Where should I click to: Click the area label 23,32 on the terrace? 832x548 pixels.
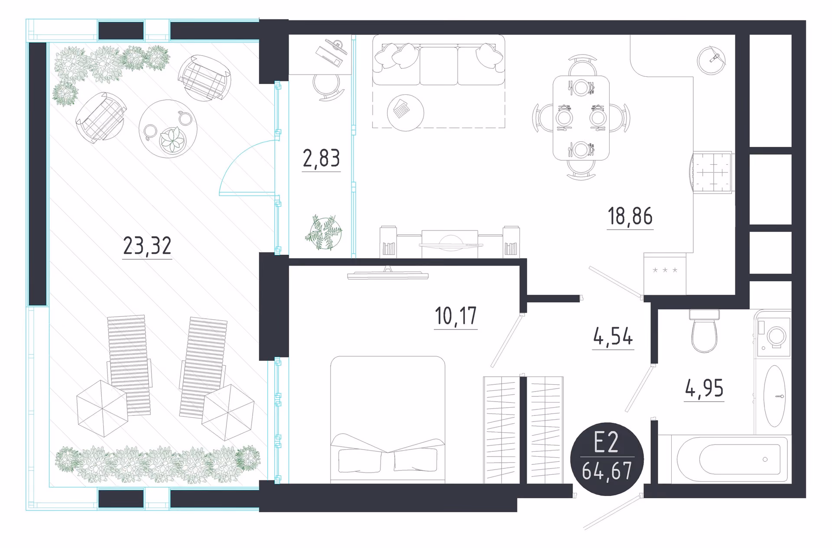[x=147, y=246]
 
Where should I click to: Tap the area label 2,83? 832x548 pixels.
[x=321, y=158]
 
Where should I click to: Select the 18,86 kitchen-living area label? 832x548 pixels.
[x=630, y=216]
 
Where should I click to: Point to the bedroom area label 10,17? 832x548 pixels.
[x=455, y=316]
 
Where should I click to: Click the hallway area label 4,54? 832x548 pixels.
[x=613, y=337]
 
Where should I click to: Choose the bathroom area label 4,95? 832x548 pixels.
[x=704, y=388]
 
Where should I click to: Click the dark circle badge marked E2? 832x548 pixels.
[x=607, y=459]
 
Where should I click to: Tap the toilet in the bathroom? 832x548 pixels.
[x=704, y=331]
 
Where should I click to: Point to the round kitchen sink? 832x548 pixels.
[x=711, y=60]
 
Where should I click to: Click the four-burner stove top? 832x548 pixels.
[x=711, y=172]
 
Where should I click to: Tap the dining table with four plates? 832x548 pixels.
[x=581, y=118]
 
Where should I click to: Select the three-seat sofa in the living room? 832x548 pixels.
[x=439, y=60]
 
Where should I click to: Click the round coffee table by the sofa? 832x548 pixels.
[x=405, y=113]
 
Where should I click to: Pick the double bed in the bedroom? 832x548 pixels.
[x=388, y=419]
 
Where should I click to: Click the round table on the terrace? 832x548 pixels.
[x=168, y=129]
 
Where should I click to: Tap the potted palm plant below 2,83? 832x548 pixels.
[x=324, y=233]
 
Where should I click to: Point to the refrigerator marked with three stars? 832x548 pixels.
[x=665, y=274]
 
